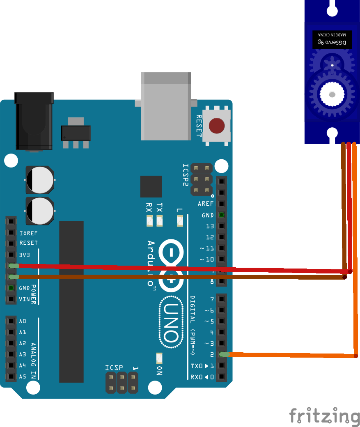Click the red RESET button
217,126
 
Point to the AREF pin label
206,204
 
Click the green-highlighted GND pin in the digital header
222,215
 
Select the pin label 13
210,226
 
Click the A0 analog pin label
23,321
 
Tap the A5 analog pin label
23,376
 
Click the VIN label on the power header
24,299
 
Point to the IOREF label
28,233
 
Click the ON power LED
159,358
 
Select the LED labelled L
179,221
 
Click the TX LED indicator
159,221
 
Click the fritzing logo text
324,416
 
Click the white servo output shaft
332,94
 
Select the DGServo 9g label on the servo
332,42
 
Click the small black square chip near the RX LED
151,187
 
